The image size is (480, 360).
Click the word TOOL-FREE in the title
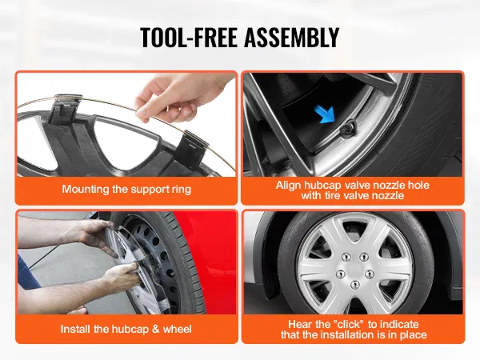coord(189,37)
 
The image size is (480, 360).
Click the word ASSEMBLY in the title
coord(292,37)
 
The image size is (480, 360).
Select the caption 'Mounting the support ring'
coord(126,189)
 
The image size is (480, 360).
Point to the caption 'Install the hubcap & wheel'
coord(126,329)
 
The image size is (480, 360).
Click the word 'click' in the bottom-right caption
coord(350,324)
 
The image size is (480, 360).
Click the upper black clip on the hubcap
coord(66,110)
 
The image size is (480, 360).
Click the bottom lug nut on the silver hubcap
coord(355,285)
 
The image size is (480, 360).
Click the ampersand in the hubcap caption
coord(155,329)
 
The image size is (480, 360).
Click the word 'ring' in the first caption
coord(182,190)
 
